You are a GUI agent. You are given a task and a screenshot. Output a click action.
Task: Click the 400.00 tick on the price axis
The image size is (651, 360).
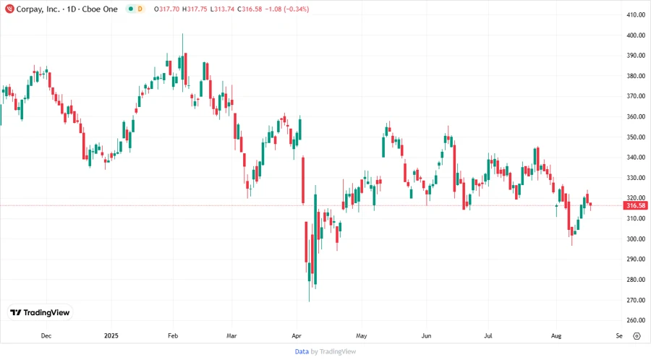click(x=636, y=35)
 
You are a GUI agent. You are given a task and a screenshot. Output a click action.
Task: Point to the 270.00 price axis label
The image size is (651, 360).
click(x=636, y=300)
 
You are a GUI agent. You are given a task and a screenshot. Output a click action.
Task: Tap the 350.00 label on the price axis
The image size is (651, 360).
click(x=636, y=137)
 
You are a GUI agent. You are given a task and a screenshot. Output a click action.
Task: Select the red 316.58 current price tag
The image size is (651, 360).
click(x=635, y=206)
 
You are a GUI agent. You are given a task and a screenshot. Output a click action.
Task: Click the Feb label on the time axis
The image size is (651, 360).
click(x=173, y=336)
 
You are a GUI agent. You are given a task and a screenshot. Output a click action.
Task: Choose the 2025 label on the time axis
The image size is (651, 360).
click(x=111, y=336)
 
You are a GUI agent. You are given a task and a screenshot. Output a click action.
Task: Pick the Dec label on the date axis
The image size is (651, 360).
click(x=46, y=336)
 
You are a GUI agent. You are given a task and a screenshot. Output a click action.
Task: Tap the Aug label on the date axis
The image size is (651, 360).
click(x=556, y=336)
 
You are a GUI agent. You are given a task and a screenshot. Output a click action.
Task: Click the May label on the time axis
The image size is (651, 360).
click(x=362, y=336)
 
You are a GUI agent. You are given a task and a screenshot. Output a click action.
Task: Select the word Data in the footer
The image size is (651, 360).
click(x=302, y=352)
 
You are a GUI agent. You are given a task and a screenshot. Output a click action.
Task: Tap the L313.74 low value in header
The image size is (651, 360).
click(x=230, y=9)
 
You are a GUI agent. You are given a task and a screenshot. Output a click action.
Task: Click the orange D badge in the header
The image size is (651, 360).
click(x=140, y=9)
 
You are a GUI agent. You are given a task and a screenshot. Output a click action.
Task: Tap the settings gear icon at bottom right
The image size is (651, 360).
click(x=637, y=336)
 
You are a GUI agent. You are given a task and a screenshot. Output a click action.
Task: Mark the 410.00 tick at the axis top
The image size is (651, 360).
click(x=636, y=15)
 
